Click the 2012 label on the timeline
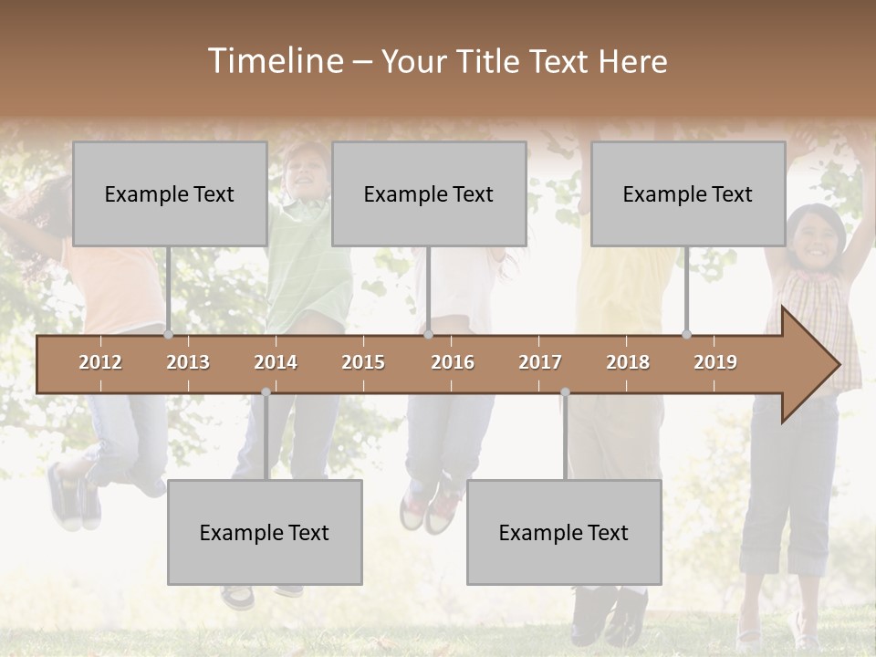click(x=100, y=362)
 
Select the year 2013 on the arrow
click(x=188, y=362)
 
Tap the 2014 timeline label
click(x=276, y=362)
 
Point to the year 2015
click(x=363, y=362)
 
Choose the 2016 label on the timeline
click(x=453, y=362)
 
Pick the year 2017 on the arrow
click(x=540, y=362)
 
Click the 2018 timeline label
click(x=628, y=362)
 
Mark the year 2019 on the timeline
click(x=715, y=362)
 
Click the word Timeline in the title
click(x=274, y=61)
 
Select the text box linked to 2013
click(x=170, y=193)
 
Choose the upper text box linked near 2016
click(x=429, y=193)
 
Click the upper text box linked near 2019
click(x=688, y=193)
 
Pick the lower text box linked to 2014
click(x=265, y=532)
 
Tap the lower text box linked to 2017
click(x=564, y=532)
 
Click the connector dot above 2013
click(x=168, y=335)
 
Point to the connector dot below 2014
click(x=266, y=392)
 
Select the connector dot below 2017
click(x=565, y=392)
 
